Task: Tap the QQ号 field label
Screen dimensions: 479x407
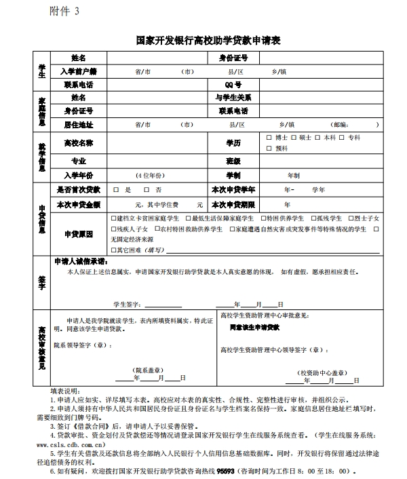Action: pos(233,85)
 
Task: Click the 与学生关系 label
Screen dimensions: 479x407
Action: pos(233,98)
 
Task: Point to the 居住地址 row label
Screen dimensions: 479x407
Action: pos(78,125)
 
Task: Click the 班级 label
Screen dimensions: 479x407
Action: pos(233,161)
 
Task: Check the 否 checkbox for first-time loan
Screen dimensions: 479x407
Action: pos(148,191)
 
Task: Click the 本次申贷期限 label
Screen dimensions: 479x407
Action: pos(233,204)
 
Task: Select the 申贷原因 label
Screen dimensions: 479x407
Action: pos(78,234)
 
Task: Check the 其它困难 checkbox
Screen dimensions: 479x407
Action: pos(113,250)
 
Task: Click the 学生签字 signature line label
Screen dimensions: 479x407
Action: pos(126,304)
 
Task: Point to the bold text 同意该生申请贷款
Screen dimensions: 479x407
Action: pos(254,328)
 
